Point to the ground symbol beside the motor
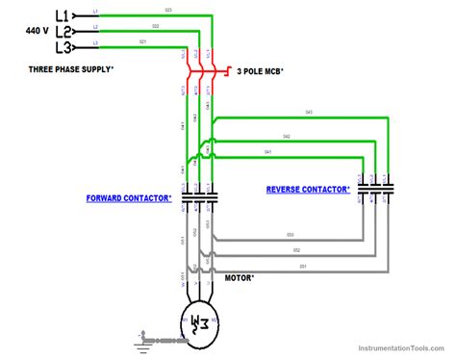pos(145,338)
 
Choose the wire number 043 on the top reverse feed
pos(309,112)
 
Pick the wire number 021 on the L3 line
pos(142,42)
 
